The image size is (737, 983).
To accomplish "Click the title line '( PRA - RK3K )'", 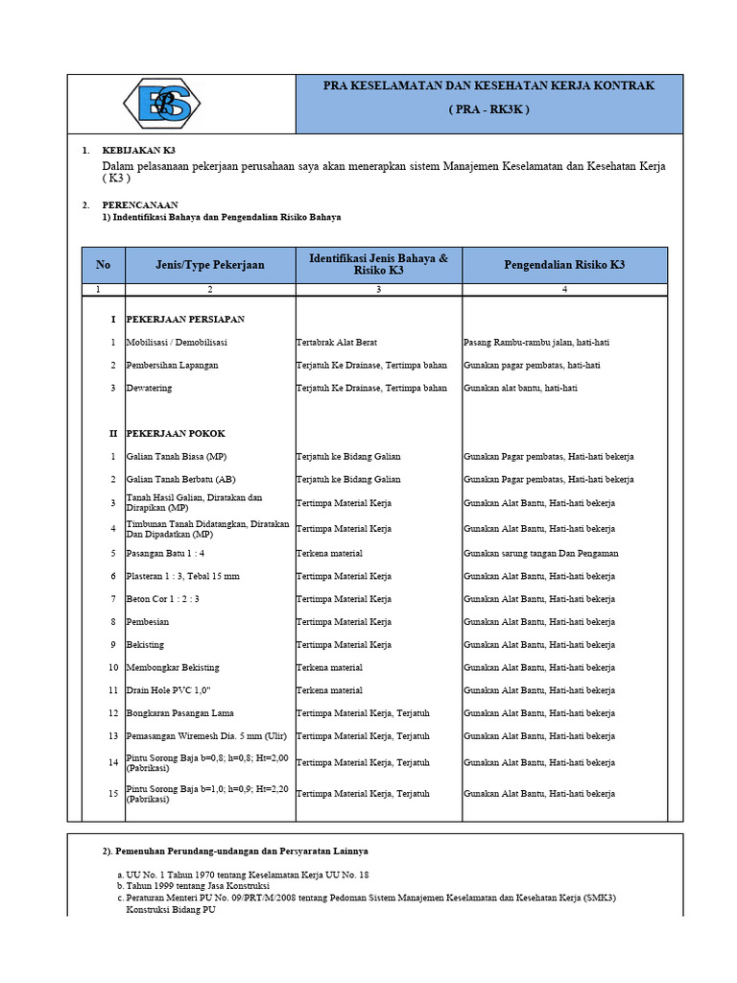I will point(488,109).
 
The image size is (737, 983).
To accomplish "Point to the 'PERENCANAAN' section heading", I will point(140,204).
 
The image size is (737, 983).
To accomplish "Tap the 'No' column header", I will point(104,265).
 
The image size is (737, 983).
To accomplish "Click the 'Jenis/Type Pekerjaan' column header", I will point(210,265).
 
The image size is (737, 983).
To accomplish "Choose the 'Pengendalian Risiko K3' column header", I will point(564,265).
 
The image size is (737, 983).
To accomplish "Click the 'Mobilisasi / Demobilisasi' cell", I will point(178,342).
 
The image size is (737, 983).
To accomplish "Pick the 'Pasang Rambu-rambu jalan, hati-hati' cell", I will point(536,342).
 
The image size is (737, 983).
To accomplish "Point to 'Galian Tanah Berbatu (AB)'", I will point(181,479).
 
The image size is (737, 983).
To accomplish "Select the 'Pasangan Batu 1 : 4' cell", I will point(165,553).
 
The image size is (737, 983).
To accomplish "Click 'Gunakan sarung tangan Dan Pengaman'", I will point(541,553).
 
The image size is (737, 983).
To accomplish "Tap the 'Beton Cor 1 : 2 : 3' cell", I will point(163,599).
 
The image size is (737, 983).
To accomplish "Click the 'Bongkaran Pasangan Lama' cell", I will point(180,713).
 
